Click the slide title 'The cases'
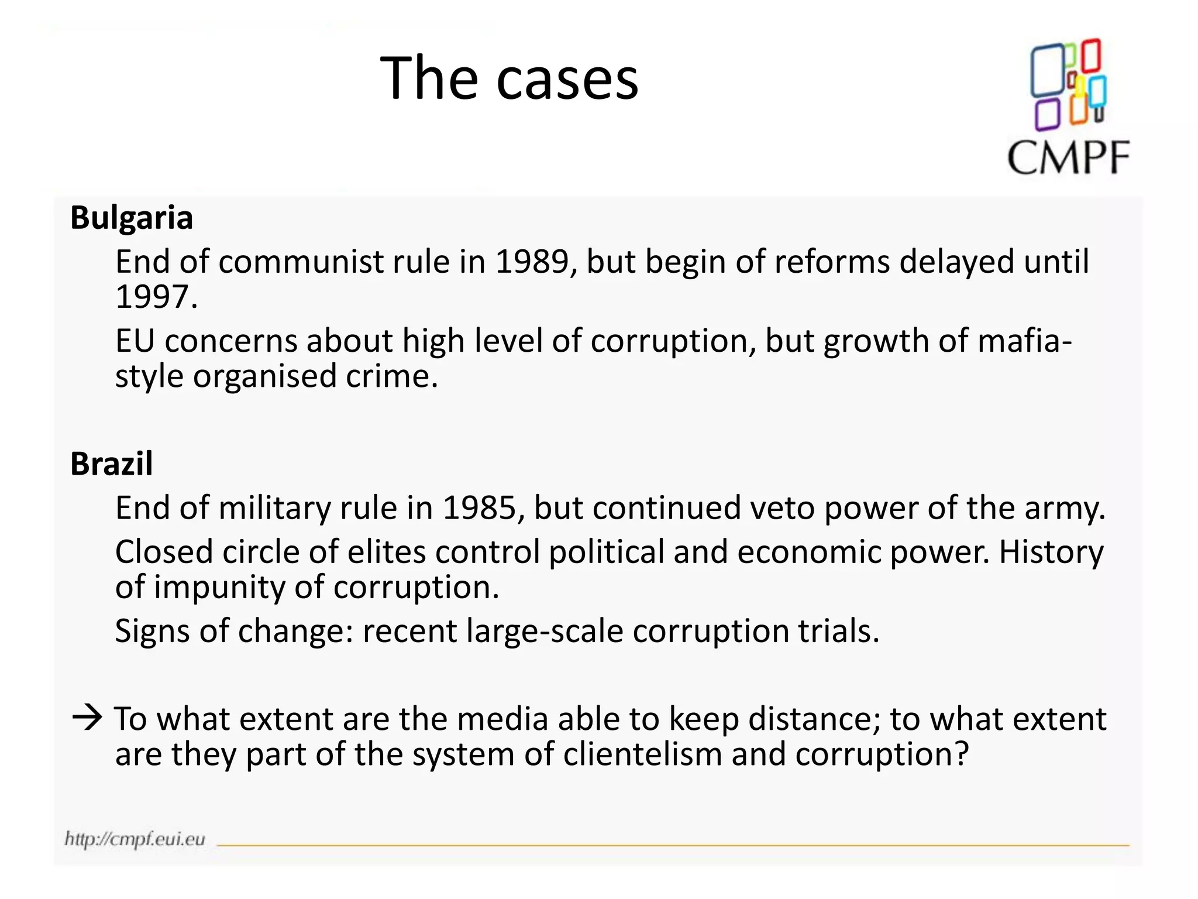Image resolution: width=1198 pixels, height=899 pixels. (509, 78)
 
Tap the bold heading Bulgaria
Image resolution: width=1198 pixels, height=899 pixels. (132, 218)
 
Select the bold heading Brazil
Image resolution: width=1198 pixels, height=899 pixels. (111, 464)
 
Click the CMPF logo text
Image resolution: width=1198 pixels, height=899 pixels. (1068, 158)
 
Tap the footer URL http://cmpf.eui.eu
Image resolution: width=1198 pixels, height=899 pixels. (135, 839)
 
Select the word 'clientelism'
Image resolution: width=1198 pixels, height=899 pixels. (642, 754)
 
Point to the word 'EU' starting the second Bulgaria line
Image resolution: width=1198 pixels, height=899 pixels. (135, 341)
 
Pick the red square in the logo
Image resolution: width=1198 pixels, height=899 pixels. (1091, 56)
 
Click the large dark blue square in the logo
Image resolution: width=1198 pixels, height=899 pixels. (1047, 70)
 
